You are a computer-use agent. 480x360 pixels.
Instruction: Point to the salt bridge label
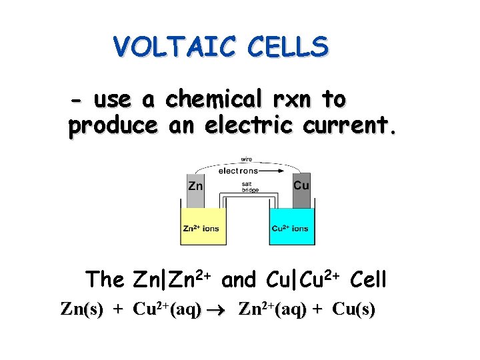[x=250, y=187]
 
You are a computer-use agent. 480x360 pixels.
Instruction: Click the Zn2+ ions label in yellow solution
[x=201, y=229]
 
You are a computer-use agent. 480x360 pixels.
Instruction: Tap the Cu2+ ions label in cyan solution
[x=290, y=229]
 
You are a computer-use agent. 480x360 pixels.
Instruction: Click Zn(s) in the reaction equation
[x=81, y=310]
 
